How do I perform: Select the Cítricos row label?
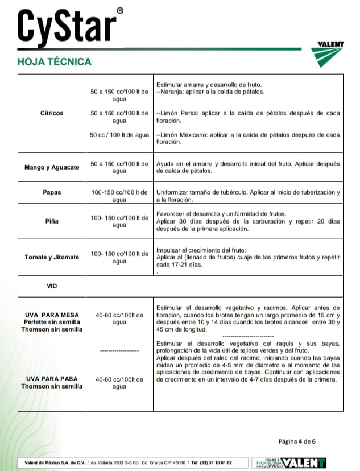(x=52, y=113)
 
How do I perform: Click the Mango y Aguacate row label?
(x=52, y=167)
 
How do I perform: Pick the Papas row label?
(x=52, y=192)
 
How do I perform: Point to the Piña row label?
(x=52, y=221)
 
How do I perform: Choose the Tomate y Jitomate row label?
(x=52, y=257)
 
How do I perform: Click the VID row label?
(x=52, y=286)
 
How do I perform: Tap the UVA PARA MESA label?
(x=52, y=315)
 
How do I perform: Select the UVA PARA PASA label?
(x=52, y=378)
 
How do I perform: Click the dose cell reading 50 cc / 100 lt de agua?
(x=119, y=135)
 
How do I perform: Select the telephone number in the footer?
(x=212, y=462)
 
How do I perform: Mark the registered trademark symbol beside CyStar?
(x=119, y=10)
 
